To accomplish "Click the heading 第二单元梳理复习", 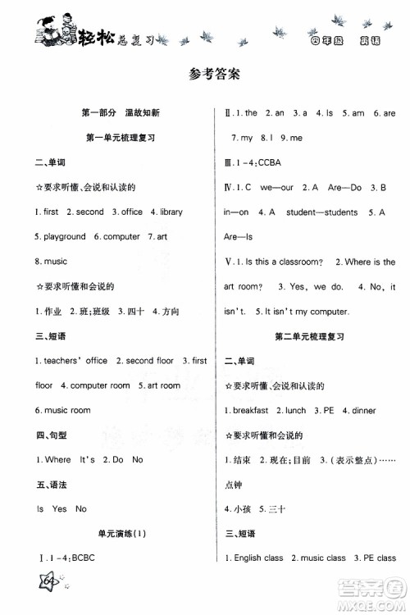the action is coord(308,337).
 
